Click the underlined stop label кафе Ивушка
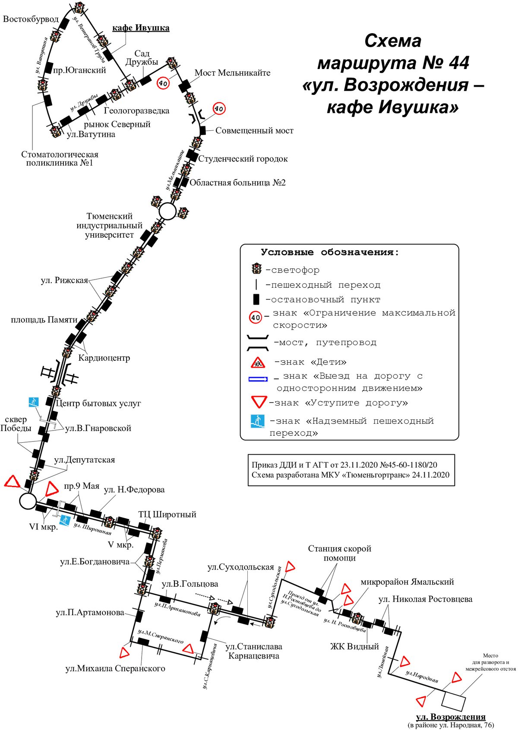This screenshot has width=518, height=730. point(141,28)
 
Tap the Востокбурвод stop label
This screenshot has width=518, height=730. point(31,19)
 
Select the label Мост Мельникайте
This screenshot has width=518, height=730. point(232,72)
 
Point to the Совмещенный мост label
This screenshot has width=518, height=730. point(254,130)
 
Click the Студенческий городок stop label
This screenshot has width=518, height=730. point(243,159)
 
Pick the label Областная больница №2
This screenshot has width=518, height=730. point(238,182)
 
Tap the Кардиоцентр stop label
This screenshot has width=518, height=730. point(104,358)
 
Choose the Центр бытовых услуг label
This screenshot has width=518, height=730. point(98,403)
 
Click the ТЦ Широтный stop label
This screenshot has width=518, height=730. point(167,514)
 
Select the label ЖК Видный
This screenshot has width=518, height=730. point(355,646)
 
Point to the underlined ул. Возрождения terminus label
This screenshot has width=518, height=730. point(451,717)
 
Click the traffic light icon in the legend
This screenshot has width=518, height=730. point(256,268)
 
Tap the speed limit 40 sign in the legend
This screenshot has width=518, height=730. point(255,317)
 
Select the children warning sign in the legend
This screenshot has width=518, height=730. point(258,362)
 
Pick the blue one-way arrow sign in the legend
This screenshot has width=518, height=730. point(258,379)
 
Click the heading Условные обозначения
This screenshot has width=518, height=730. point(330,252)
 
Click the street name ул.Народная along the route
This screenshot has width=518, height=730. point(422,676)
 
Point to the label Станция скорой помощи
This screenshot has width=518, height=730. point(340,553)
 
